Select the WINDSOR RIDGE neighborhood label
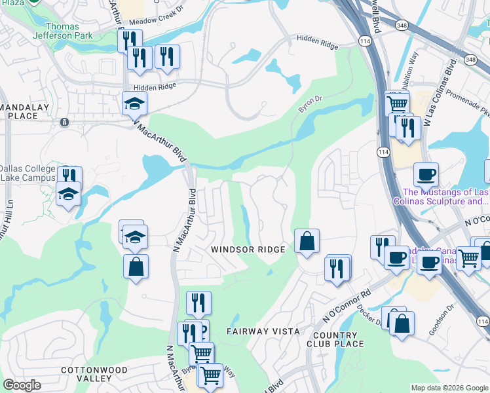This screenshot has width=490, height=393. (x=248, y=250)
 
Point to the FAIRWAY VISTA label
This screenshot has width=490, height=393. (x=263, y=331)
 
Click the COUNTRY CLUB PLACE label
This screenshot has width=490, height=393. (x=335, y=339)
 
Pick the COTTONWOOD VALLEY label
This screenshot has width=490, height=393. (x=85, y=374)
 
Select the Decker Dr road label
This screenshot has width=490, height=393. (x=370, y=318)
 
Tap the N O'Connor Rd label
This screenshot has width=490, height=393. (x=347, y=305)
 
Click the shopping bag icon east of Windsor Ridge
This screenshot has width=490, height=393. (x=307, y=241)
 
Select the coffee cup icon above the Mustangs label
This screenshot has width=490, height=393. (x=426, y=174)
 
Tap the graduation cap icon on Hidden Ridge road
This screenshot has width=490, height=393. (x=135, y=103)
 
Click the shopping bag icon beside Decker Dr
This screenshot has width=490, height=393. (x=402, y=323)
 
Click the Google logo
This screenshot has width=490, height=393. (x=22, y=385)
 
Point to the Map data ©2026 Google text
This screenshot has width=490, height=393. (x=449, y=388)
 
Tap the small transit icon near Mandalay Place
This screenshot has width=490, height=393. (x=64, y=122)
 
